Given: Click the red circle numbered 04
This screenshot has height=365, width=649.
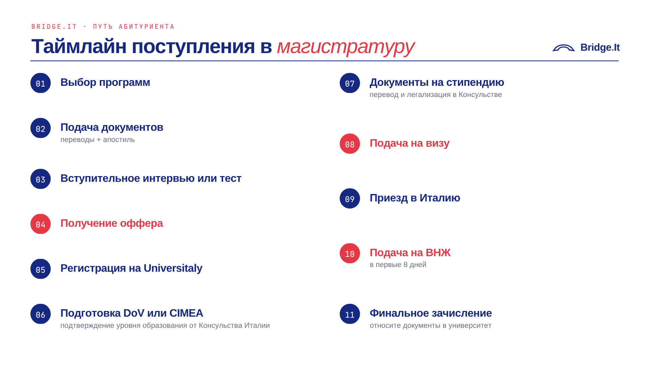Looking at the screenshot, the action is [41, 224].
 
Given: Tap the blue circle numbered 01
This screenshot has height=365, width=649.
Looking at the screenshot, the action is [41, 83].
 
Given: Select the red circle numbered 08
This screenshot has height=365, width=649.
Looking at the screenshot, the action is [350, 144].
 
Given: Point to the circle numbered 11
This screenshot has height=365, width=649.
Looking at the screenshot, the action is [350, 314].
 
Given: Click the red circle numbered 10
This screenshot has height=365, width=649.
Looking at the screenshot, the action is [350, 253].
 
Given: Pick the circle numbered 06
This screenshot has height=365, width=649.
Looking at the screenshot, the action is [41, 314].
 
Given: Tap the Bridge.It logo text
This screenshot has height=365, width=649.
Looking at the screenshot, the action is [600, 47].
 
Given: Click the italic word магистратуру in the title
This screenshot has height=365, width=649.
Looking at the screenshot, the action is [345, 47].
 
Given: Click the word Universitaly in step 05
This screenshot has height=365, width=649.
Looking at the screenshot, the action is [173, 268].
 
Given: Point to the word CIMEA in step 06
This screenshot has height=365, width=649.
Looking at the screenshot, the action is [186, 313].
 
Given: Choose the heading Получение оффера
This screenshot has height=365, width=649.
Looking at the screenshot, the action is [112, 223].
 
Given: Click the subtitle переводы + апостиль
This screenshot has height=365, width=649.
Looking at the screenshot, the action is [98, 140].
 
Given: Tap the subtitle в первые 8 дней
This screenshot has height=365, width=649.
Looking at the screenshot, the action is [398, 265].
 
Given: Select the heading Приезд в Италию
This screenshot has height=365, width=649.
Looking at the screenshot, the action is [415, 198].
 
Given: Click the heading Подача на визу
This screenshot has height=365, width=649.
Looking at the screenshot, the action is [409, 143].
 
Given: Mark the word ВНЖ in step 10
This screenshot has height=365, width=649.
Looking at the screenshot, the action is [438, 252].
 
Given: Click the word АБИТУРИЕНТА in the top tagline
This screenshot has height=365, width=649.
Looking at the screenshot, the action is [146, 27].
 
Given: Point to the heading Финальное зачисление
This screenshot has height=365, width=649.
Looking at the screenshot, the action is [431, 313].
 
